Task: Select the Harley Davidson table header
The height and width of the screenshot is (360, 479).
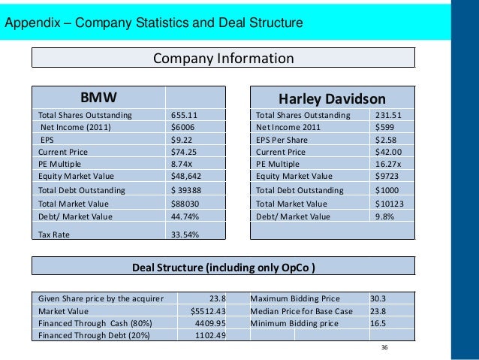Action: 332,99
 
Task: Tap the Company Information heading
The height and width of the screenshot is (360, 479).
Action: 223,59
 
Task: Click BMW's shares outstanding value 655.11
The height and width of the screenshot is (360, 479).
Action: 184,115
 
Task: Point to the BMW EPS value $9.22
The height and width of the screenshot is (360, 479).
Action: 181,139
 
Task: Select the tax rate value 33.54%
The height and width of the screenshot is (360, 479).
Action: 185,234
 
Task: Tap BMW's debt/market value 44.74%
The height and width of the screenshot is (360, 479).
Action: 185,216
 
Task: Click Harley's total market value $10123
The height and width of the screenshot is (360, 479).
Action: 390,203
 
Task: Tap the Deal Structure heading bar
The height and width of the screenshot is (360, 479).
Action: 223,267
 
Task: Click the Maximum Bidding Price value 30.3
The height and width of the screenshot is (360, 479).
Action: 378,298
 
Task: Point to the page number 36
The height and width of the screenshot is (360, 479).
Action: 384,347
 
